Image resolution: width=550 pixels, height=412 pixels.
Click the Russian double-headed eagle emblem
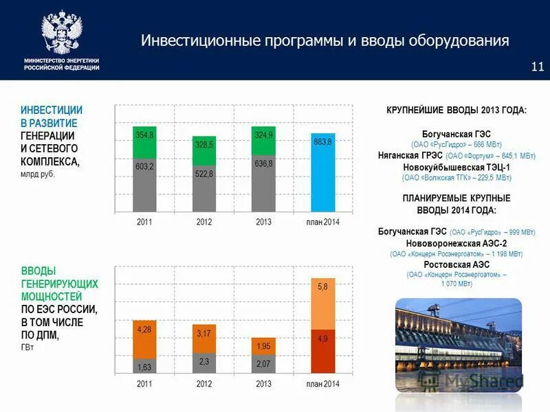click(61, 32)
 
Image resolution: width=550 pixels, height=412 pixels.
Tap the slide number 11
click(537, 67)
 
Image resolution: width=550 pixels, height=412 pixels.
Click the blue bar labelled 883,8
click(323, 172)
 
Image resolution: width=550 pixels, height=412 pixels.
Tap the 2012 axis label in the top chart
click(204, 222)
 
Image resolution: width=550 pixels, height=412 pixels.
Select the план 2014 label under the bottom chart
click(322, 384)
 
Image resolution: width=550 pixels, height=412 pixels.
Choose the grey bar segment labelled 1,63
click(144, 365)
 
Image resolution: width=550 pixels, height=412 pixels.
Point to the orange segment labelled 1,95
click(263, 346)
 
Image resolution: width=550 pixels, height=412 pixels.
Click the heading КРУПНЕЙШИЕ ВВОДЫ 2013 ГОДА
click(456, 111)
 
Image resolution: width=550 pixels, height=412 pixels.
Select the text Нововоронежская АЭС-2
click(456, 243)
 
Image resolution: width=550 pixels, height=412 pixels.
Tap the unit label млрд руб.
click(37, 174)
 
